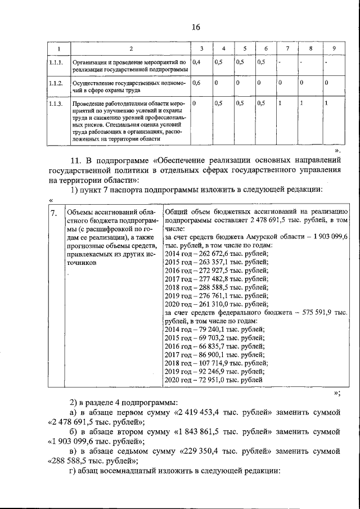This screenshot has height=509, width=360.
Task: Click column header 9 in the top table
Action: (334, 48)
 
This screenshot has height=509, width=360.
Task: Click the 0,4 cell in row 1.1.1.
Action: (197, 62)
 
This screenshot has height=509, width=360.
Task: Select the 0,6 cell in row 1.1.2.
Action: (197, 83)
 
